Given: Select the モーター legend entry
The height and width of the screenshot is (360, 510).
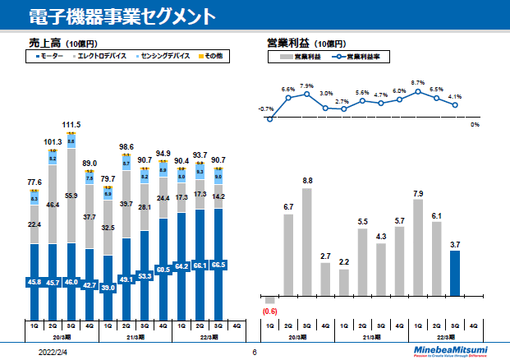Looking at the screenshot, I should click(51, 57).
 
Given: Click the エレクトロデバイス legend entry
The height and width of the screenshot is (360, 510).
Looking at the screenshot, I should click(100, 57).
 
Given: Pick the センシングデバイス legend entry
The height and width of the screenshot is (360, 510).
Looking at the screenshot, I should click(162, 57).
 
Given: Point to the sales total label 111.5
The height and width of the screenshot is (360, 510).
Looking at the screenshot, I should click(71, 125).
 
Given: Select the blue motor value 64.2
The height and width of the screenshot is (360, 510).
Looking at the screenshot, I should click(182, 266).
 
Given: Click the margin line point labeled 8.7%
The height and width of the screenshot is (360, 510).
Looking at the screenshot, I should click(418, 90).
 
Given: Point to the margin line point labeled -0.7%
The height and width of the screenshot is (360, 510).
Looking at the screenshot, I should click(269, 119).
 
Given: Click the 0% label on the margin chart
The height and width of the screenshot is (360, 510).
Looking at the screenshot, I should click(475, 125).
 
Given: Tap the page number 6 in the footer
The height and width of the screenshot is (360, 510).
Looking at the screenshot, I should click(255, 352).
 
